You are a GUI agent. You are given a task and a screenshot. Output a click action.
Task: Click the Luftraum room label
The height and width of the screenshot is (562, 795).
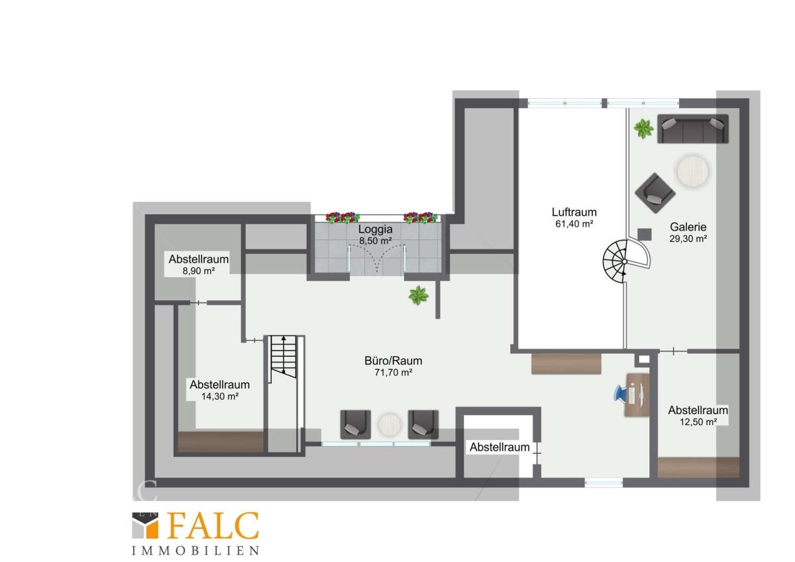click(x=574, y=212)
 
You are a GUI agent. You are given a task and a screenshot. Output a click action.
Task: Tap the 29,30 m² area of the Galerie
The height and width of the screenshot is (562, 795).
click(x=688, y=239)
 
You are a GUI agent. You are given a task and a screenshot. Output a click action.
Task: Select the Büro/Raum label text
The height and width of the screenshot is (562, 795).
click(x=394, y=361)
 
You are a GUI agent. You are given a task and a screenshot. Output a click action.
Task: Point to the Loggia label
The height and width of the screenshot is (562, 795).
click(x=375, y=229)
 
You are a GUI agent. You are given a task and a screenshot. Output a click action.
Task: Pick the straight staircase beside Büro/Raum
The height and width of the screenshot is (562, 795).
click(x=283, y=359)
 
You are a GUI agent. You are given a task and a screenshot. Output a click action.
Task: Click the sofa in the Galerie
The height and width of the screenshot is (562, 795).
click(x=693, y=129)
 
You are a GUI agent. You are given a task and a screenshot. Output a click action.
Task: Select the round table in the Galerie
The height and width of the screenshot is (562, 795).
click(x=692, y=171)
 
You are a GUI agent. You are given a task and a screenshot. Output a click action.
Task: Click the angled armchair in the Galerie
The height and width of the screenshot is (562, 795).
click(x=655, y=193)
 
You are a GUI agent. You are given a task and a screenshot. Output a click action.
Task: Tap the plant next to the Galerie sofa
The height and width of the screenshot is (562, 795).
click(x=643, y=129)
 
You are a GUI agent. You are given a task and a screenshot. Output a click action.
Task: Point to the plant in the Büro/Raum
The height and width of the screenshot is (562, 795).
click(x=419, y=296)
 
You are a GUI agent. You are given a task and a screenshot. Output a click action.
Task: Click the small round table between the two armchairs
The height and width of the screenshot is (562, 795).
click(x=390, y=425)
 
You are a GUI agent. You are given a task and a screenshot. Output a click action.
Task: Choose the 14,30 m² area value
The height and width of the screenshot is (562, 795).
click(x=220, y=396)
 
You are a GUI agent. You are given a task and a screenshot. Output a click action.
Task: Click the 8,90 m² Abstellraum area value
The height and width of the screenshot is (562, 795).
click(x=198, y=271)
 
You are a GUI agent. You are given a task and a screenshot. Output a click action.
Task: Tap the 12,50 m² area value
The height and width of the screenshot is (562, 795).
click(x=698, y=421)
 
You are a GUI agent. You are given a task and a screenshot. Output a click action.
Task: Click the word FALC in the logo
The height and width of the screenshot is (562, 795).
click(x=213, y=526)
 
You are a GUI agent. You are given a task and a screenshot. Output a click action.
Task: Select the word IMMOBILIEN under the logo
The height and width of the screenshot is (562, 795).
click(x=195, y=551)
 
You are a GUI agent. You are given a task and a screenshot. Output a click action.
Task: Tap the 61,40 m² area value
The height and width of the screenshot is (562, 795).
click(x=574, y=224)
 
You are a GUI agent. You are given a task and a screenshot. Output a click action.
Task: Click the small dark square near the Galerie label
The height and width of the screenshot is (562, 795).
click(x=645, y=235)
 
